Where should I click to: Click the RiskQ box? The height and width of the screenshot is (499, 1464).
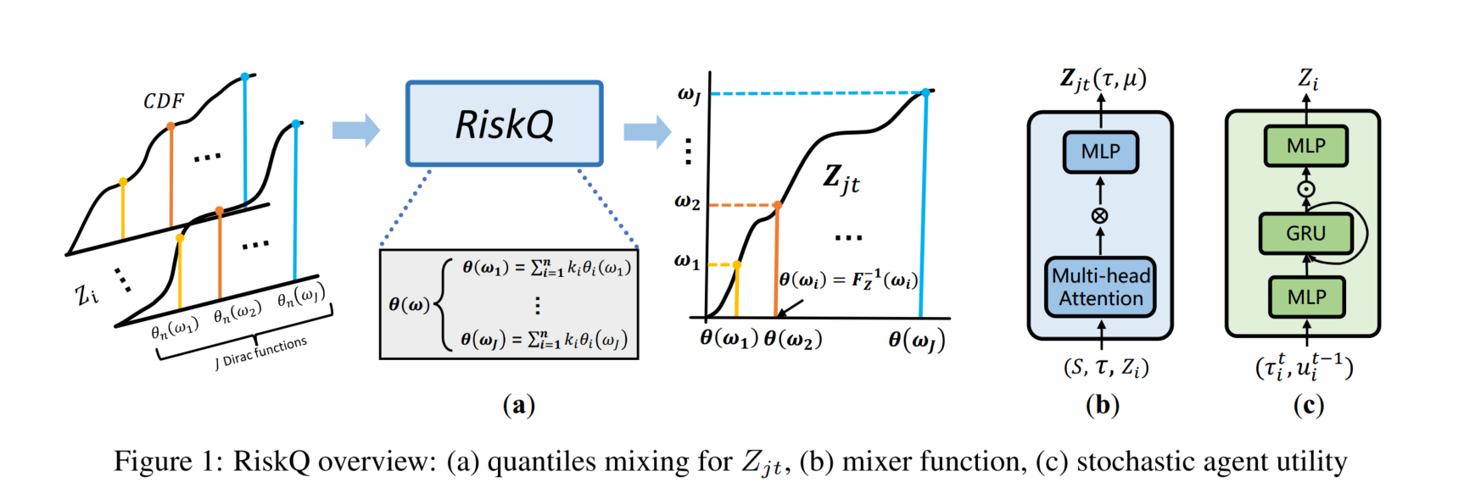coord(505,124)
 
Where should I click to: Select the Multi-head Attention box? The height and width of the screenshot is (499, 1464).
coord(1100,287)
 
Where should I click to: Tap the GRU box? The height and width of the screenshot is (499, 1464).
coord(1305,234)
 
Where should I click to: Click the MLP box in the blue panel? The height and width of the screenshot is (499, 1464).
coord(1100,152)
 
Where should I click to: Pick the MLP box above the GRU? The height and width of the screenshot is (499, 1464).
coord(1305,147)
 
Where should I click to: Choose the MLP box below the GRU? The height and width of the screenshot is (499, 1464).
coord(1306,297)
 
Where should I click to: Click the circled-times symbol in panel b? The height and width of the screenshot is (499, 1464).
coord(1100,216)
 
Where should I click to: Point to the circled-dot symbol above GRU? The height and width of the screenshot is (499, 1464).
coord(1306,189)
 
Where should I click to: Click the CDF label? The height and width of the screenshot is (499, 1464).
coord(164,102)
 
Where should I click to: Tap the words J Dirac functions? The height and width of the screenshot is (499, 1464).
coord(261,352)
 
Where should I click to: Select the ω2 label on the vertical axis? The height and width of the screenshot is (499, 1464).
coord(687,202)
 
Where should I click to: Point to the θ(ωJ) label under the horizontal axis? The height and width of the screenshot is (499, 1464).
coord(916,340)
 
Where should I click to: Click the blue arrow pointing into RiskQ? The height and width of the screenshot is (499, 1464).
coord(355,130)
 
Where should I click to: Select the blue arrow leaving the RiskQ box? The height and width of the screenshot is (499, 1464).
coord(647,131)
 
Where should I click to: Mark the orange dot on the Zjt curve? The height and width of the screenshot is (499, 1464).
coord(777,205)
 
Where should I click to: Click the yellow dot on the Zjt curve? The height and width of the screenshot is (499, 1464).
coord(736,265)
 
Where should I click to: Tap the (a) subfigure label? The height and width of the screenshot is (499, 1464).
coord(519,405)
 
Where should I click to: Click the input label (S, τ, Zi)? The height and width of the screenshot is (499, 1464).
coord(1105,367)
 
